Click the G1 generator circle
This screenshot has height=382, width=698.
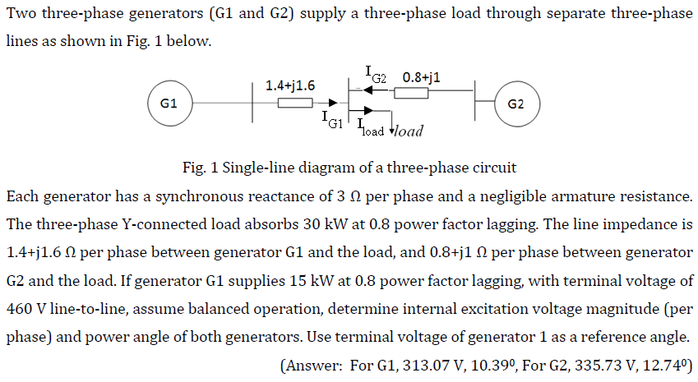click(x=170, y=104)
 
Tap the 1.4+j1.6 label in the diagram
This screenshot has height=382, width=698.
click(x=290, y=85)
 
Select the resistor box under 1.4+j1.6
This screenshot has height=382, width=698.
click(x=294, y=103)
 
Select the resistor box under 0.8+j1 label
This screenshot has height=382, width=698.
click(x=410, y=93)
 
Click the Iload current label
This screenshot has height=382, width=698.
click(x=372, y=129)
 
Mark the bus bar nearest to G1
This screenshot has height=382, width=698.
click(x=252, y=104)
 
